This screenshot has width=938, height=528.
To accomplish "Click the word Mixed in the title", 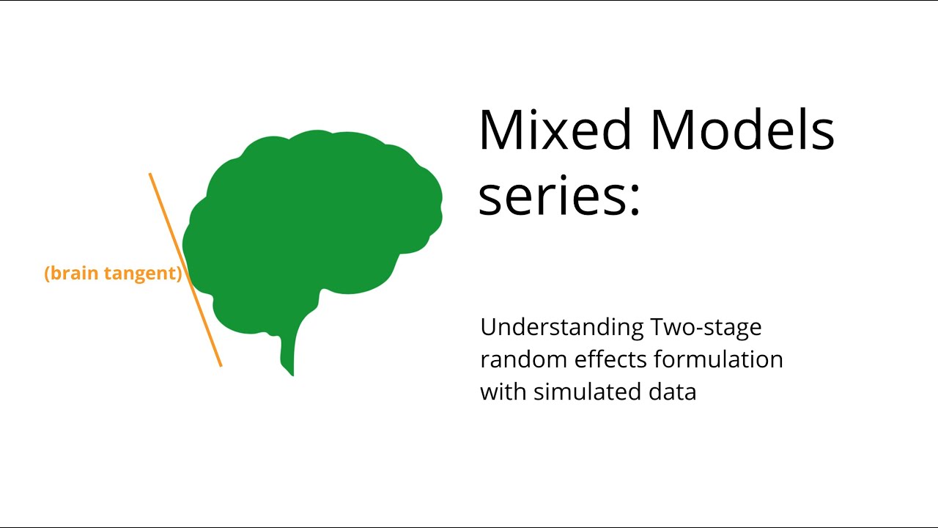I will pos(555,130).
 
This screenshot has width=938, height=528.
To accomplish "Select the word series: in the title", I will pos(559,197).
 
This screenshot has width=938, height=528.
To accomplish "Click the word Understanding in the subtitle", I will pos(562,327).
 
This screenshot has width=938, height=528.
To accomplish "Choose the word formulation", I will pos(721,359).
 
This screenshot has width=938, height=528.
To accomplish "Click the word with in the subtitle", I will pos(503,392).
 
